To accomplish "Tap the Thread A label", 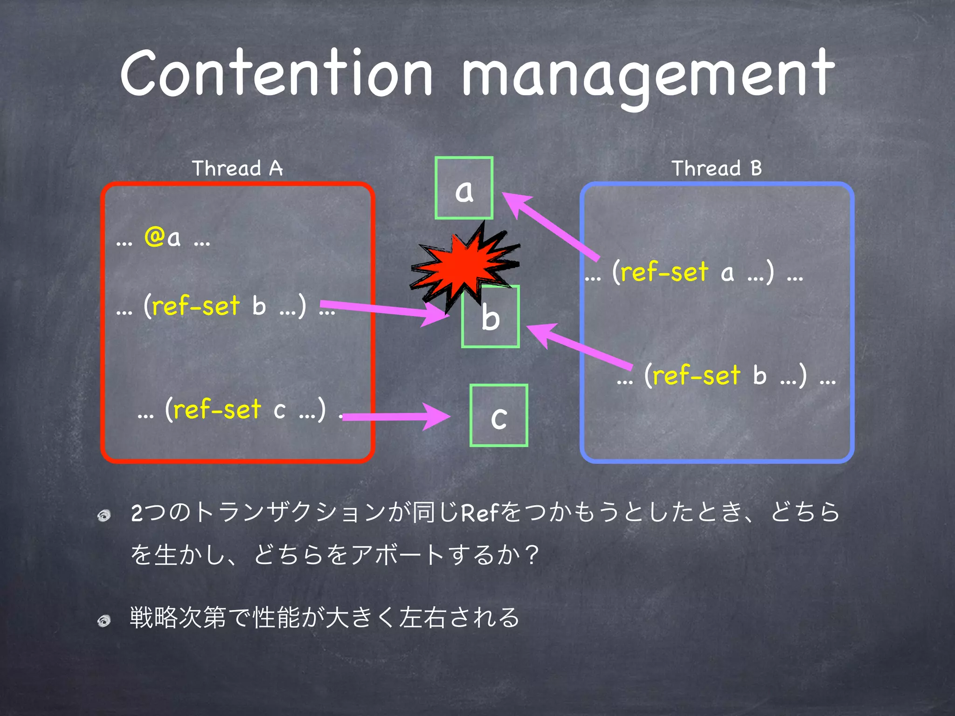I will pos(237,168).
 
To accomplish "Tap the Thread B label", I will pos(717,168).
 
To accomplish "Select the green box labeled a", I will pos(464,188).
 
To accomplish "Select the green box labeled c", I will pos(498,416).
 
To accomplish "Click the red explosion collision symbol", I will pos(464,263).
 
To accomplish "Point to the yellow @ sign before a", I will pos(154,236).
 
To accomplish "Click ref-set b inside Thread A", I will pos(196,307).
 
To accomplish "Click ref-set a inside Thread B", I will pos(664,272).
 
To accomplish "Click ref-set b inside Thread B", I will pos(696,376).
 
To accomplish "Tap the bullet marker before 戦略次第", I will pos(104,620).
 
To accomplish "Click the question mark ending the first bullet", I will pos(531,555).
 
